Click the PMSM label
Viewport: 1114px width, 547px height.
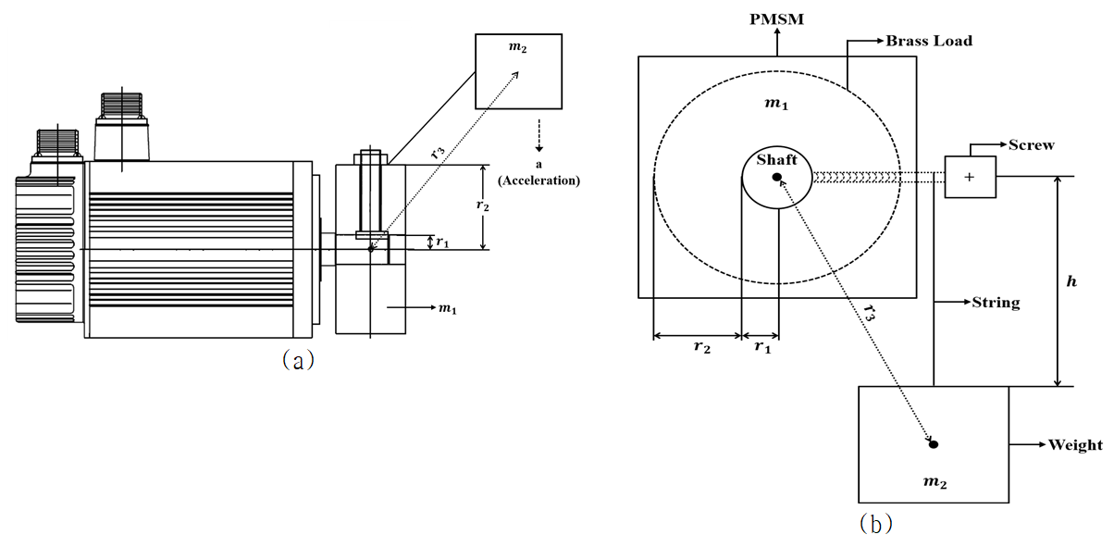777,19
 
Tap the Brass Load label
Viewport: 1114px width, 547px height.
929,41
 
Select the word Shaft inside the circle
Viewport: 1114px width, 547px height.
777,159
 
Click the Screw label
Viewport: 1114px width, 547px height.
1032,144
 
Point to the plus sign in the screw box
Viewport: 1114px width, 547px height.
970,177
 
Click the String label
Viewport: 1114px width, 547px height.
996,303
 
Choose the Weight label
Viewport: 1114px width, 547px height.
1075,444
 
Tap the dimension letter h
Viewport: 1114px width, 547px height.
1071,281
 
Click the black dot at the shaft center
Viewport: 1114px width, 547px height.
777,177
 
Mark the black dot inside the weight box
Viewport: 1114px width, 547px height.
934,444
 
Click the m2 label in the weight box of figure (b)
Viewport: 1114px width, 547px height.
935,482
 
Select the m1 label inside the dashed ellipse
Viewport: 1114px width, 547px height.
776,104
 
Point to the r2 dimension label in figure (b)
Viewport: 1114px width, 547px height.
702,346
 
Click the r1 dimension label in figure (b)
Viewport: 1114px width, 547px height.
762,346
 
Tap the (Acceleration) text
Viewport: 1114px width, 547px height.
539,180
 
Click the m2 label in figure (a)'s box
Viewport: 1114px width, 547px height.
517,47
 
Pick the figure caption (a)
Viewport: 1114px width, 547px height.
298,359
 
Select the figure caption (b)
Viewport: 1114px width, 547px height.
876,523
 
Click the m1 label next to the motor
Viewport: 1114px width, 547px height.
448,309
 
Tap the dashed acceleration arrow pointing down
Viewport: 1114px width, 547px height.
539,135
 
